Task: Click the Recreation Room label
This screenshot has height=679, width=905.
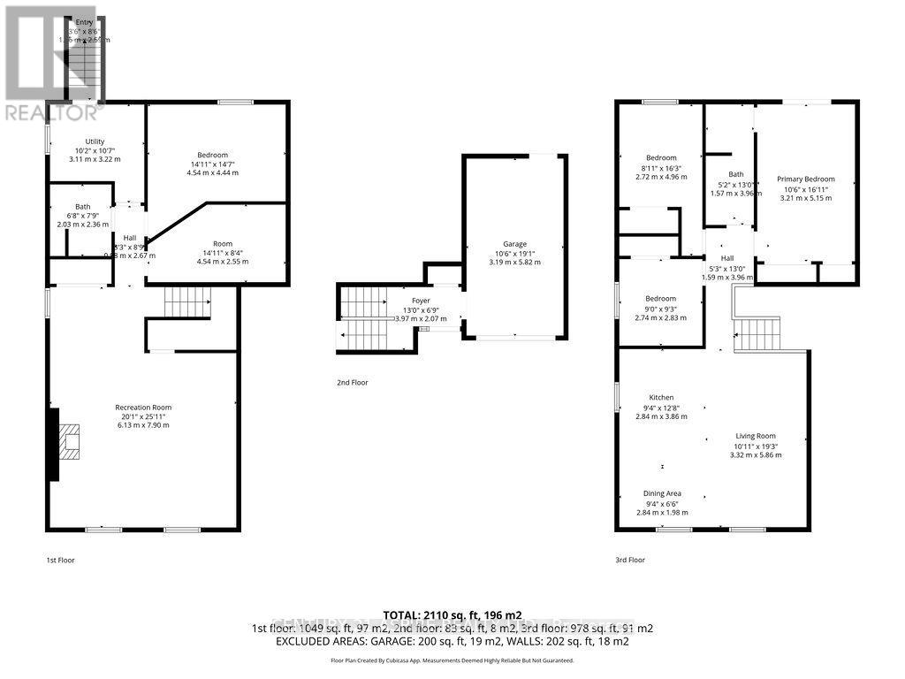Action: [x=141, y=407]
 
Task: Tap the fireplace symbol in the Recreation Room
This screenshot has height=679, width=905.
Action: [x=70, y=441]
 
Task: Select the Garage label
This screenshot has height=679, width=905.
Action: [x=515, y=244]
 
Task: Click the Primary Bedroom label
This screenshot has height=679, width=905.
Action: [x=805, y=179]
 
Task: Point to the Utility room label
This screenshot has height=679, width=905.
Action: [x=95, y=141]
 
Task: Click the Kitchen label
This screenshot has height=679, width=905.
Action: [x=661, y=398]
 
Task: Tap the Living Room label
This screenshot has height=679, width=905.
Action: [x=756, y=436]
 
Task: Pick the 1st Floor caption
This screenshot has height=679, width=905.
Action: [x=61, y=560]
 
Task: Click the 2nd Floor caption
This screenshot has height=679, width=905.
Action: [x=351, y=383]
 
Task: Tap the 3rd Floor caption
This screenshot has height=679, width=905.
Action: [x=629, y=560]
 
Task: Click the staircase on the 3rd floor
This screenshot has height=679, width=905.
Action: [x=757, y=334]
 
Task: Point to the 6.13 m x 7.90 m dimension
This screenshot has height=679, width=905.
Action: [x=141, y=425]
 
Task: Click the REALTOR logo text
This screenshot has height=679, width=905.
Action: [x=54, y=112]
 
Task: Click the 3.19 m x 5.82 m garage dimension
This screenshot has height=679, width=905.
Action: [x=515, y=263]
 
